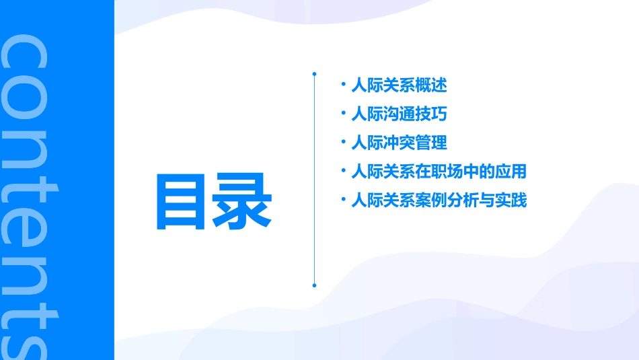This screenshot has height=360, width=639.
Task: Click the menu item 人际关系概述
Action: [x=399, y=85]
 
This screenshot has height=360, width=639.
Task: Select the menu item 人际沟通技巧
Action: [x=399, y=114]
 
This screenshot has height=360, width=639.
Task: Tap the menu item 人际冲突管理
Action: [x=399, y=143]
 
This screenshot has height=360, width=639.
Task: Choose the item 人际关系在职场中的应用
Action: [x=439, y=172]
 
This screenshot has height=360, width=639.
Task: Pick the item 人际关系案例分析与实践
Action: [x=439, y=201]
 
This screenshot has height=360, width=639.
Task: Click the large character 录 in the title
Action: [x=243, y=202]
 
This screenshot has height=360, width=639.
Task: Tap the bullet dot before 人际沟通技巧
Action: [x=344, y=114]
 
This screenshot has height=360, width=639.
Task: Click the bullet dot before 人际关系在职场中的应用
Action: [x=344, y=171]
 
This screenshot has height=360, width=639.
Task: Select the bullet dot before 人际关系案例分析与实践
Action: [x=344, y=200]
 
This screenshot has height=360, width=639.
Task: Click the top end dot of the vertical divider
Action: [x=314, y=73]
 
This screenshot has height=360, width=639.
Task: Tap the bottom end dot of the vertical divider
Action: [x=314, y=285]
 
